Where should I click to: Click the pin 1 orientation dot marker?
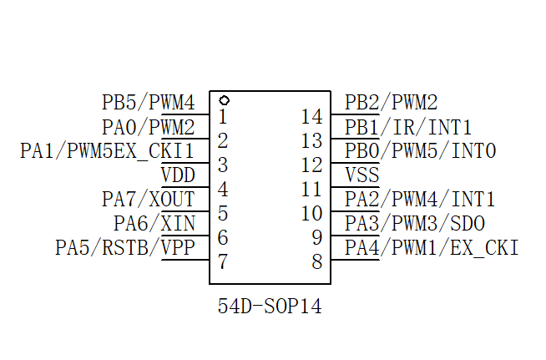click(223, 100)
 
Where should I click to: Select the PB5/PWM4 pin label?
click(148, 103)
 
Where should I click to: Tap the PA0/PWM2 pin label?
click(148, 128)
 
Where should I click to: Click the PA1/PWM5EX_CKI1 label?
click(107, 151)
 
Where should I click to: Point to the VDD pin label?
click(178, 175)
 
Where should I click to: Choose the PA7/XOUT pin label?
click(148, 200)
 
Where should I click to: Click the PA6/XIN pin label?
click(154, 223)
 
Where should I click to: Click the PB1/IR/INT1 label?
click(408, 128)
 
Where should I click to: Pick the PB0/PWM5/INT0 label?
click(421, 151)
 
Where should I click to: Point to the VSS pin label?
click(361, 175)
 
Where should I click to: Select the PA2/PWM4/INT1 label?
click(420, 200)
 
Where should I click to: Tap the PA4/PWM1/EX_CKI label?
click(432, 247)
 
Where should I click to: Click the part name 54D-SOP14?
click(270, 307)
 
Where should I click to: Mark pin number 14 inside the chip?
click(311, 117)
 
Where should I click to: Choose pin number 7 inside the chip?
click(222, 261)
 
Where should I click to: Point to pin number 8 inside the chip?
click(316, 261)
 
